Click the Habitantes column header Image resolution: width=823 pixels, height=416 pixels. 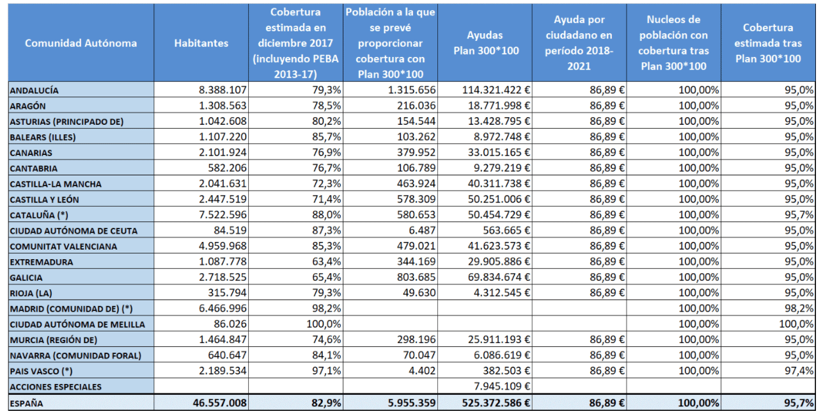(x=201, y=43)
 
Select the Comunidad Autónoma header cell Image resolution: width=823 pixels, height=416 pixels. (x=81, y=43)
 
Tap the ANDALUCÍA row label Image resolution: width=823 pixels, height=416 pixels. (x=34, y=90)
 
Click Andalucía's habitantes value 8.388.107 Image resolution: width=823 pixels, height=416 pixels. (x=223, y=90)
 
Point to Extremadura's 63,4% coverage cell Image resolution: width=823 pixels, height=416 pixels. (x=326, y=262)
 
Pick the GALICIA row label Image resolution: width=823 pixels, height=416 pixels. (x=26, y=277)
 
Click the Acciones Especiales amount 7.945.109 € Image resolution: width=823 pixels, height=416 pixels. (x=502, y=386)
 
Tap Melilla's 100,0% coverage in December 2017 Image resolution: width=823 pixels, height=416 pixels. (x=324, y=324)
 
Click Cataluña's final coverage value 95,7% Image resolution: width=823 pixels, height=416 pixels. (x=799, y=215)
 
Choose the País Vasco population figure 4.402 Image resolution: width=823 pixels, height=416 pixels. (x=422, y=371)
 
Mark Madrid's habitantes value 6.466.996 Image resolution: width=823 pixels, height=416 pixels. (x=223, y=308)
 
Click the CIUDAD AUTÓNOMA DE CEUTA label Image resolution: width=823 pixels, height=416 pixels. (x=74, y=231)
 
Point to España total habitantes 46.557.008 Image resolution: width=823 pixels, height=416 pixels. (x=220, y=403)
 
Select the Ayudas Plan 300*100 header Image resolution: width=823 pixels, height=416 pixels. (x=486, y=43)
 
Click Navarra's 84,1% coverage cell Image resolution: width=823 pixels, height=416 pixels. (x=326, y=355)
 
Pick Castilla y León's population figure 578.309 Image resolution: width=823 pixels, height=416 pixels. (x=416, y=199)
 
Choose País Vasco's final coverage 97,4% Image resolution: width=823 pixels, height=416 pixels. (x=799, y=371)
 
